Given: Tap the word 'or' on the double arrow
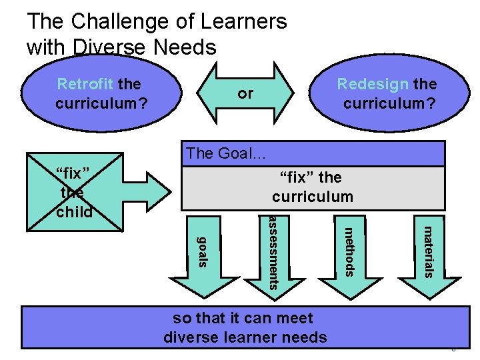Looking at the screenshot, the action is point(245,93).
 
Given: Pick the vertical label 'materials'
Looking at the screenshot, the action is point(429,251).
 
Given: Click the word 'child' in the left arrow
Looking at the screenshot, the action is point(75,212).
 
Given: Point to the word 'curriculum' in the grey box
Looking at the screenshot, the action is point(312,197).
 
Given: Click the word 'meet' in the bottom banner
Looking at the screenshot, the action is point(293,319).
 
